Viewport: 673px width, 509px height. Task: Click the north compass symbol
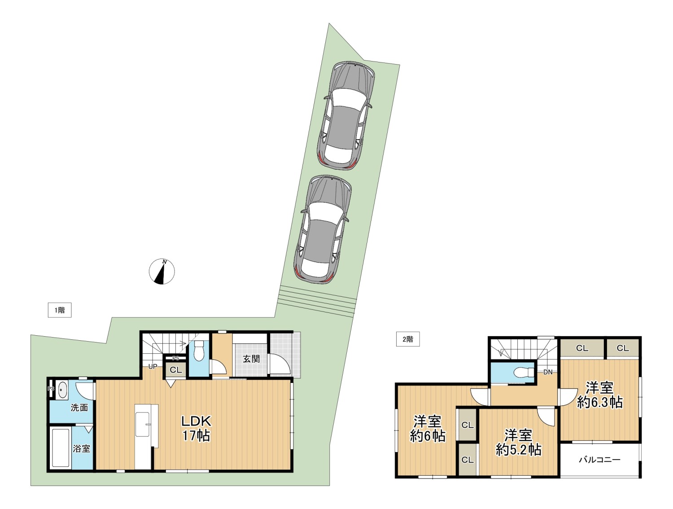(x=162, y=272)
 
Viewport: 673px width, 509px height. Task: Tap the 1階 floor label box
(x=60, y=310)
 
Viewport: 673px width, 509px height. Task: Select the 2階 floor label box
(x=408, y=339)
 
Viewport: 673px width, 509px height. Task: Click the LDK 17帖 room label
(x=196, y=428)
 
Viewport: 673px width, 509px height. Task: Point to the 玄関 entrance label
(x=251, y=359)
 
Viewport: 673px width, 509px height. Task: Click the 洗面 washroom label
(x=79, y=408)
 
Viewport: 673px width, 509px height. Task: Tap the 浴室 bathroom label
(x=82, y=448)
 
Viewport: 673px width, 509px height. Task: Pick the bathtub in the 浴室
(x=61, y=448)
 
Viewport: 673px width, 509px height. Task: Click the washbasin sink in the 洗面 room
(x=63, y=390)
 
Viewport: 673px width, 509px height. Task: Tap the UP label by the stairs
(x=153, y=366)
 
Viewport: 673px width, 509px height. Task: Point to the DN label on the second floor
(x=548, y=372)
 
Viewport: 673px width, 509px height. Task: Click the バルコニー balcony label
(x=600, y=460)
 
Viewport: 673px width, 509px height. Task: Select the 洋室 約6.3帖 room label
(x=600, y=395)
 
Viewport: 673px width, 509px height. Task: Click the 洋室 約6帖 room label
(x=428, y=429)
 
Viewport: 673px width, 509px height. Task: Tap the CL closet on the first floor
(x=176, y=370)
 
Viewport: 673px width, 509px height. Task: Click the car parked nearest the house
(x=323, y=229)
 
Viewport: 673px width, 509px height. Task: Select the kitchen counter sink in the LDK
(x=143, y=424)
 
